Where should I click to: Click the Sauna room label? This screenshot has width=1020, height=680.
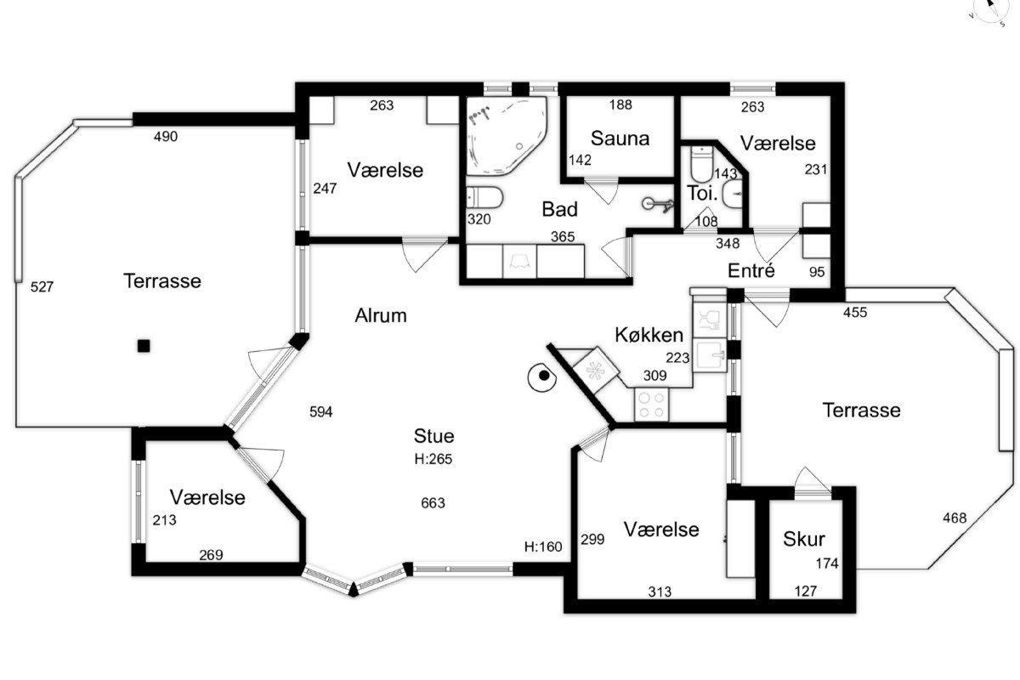(620, 139)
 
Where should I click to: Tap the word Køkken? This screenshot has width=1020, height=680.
(649, 335)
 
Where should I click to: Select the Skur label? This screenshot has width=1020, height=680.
(804, 539)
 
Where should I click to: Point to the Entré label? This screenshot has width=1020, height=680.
(751, 270)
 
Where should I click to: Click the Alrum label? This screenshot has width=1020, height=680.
(381, 315)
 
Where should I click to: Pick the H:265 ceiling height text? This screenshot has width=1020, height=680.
(433, 459)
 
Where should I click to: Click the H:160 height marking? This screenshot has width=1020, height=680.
(543, 547)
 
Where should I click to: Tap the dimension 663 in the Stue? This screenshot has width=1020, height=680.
(433, 503)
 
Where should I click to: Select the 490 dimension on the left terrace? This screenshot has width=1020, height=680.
(165, 136)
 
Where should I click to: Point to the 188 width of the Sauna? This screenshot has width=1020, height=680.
(620, 105)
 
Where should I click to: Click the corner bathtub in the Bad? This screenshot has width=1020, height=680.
(507, 135)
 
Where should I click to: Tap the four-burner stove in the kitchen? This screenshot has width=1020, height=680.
(652, 405)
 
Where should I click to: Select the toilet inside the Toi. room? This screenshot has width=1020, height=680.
(701, 163)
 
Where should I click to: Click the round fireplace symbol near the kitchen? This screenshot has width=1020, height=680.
(542, 377)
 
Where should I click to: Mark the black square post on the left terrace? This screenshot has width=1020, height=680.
(144, 346)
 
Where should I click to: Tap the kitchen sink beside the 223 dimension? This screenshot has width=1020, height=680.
(709, 355)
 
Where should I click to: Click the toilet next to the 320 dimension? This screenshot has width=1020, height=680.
(484, 198)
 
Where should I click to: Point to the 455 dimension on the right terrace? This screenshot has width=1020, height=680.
(855, 313)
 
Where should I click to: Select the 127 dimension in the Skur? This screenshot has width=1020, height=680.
(806, 592)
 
